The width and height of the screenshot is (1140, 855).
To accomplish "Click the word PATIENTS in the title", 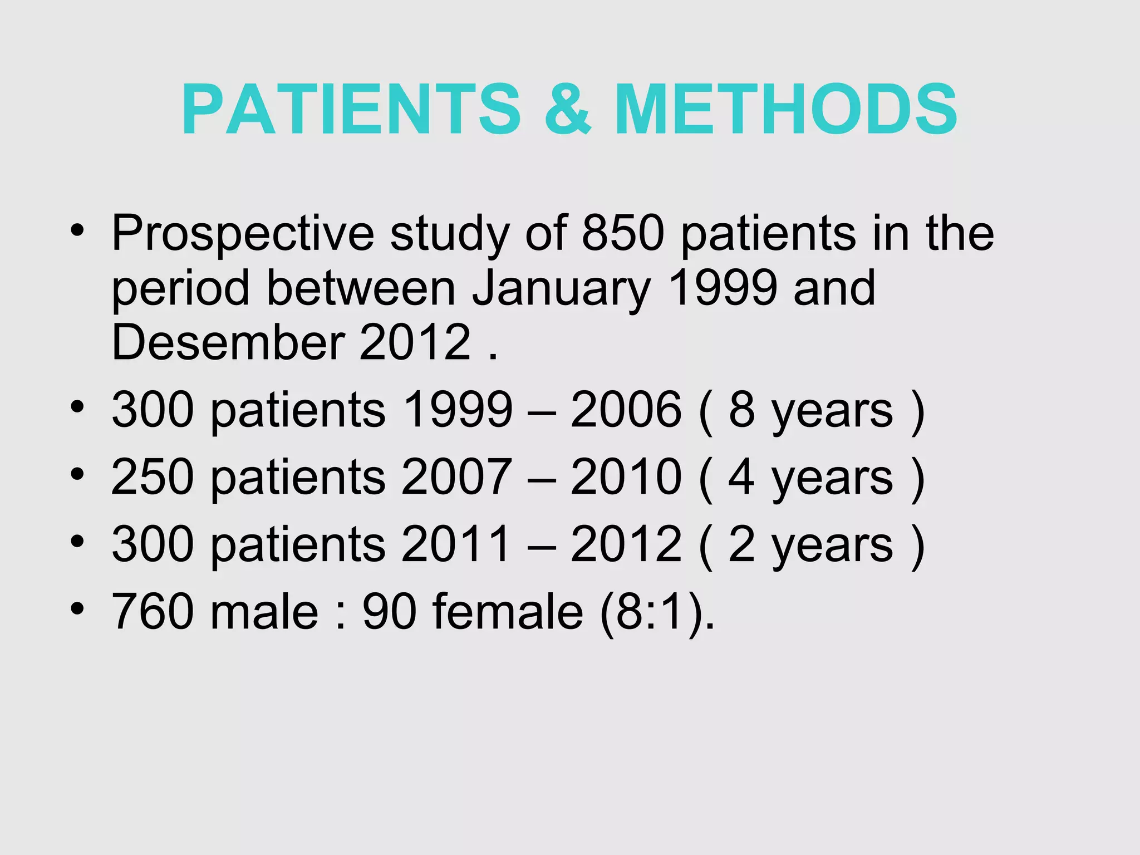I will tap(351, 110).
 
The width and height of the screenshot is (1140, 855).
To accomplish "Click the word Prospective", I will tap(243, 234).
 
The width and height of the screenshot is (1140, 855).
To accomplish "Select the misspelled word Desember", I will tap(228, 342).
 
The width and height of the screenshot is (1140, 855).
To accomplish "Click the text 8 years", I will tap(810, 411).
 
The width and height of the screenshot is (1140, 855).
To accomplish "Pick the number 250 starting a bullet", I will tap(153, 477).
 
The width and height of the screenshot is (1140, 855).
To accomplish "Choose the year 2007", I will tap(456, 477).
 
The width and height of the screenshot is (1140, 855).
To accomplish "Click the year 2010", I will tap(626, 477).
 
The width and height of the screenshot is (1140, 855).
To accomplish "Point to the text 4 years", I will tap(810, 478).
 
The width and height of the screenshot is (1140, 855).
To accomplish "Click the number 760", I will tap(153, 611).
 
